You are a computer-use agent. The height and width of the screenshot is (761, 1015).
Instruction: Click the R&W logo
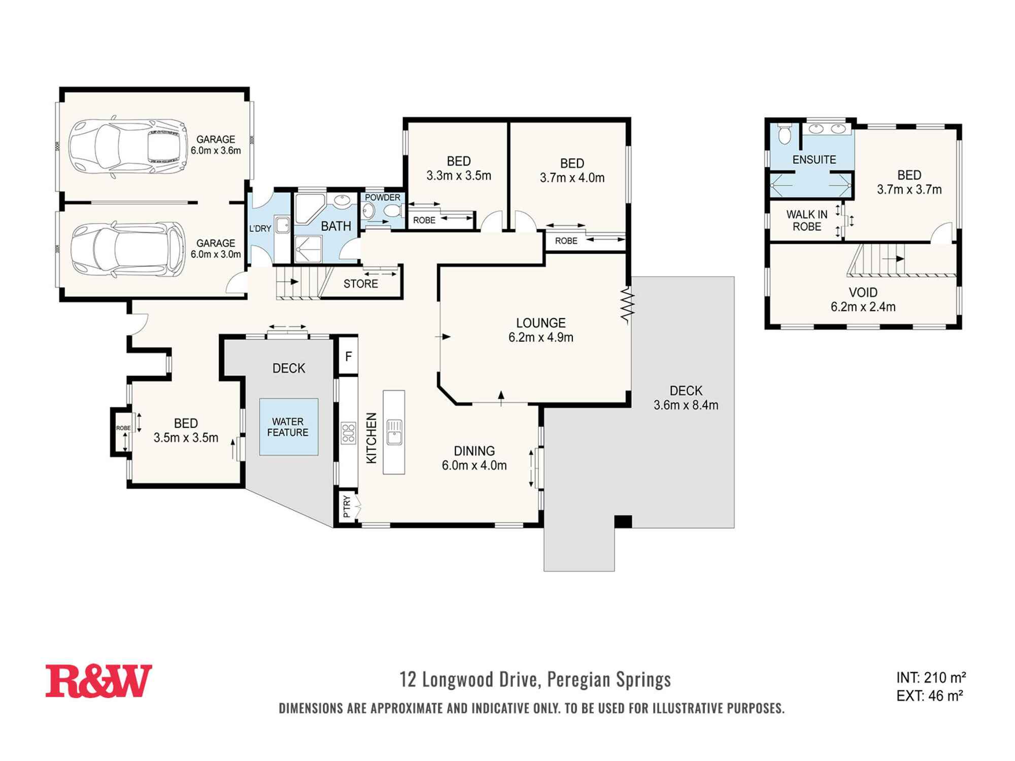pos(98,681)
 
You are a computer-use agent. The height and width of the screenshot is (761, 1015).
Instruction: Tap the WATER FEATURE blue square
pos(289,427)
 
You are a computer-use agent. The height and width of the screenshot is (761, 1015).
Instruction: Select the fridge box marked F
pos(348,356)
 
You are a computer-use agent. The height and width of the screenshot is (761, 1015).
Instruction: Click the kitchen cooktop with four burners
pos(348,433)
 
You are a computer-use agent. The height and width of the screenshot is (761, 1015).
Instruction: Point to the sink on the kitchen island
pos(394,432)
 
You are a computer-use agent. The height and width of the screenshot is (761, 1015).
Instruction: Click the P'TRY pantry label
pos(347,506)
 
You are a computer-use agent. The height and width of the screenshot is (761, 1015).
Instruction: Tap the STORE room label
pos(360,284)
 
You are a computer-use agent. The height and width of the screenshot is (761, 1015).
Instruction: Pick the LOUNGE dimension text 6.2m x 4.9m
pos(541,337)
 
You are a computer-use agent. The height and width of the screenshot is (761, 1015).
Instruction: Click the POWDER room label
pos(383,197)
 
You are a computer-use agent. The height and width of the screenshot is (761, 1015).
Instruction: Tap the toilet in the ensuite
pos(785,133)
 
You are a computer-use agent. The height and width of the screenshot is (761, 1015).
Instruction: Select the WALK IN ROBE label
pos(806,221)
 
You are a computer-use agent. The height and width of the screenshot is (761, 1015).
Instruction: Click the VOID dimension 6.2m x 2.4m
pos(863,307)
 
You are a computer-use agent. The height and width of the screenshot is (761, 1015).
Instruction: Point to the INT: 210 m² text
pos(931,677)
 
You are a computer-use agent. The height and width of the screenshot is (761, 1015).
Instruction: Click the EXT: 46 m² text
pos(929,696)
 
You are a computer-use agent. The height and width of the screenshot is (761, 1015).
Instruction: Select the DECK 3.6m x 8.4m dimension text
pos(686,405)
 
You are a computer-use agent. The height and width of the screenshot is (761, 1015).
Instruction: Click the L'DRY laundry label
pos(260,228)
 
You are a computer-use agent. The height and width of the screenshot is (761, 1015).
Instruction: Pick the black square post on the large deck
pos(623,521)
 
